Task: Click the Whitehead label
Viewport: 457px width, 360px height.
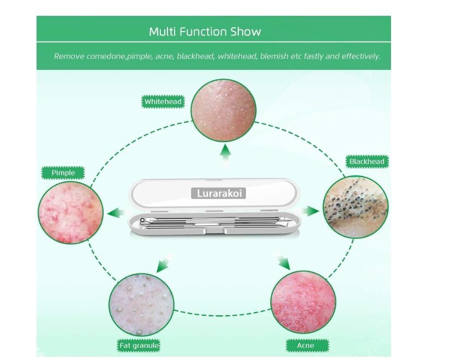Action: click(163, 101)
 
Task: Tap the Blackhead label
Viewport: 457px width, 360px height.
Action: click(366, 161)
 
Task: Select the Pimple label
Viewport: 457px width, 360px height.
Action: click(63, 173)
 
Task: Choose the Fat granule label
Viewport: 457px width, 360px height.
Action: click(139, 346)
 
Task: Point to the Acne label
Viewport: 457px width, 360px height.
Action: click(305, 346)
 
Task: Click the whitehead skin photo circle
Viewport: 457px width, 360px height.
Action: click(223, 109)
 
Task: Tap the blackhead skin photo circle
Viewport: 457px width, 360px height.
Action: click(356, 206)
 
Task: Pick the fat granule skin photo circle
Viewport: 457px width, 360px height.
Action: click(140, 302)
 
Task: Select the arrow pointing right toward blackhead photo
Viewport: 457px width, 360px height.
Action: click(311, 211)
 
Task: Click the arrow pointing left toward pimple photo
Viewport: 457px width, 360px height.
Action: click(116, 213)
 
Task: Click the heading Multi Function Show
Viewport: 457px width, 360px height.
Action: click(205, 32)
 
